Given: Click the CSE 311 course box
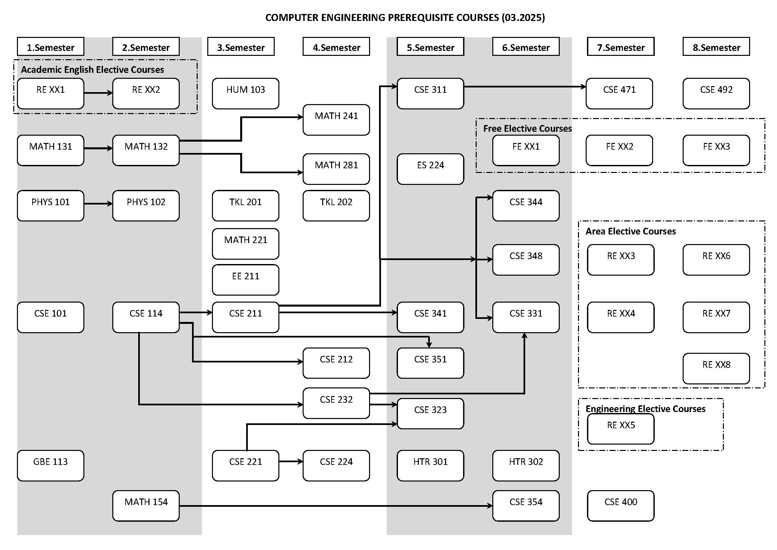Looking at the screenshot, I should (x=430, y=93).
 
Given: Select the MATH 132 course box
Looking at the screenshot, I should (x=146, y=150).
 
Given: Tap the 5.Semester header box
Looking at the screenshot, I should (x=430, y=47).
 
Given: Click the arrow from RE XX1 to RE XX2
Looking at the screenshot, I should (x=98, y=92).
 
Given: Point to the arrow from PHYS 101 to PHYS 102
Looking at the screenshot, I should (x=98, y=204).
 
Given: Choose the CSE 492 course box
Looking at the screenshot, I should (x=716, y=93).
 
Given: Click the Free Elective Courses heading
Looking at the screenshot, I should (x=527, y=129).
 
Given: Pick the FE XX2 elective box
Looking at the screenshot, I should (x=619, y=150).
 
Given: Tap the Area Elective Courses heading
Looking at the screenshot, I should (x=631, y=231).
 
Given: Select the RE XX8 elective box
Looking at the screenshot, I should (x=716, y=368).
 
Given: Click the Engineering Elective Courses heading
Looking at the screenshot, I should (x=645, y=409).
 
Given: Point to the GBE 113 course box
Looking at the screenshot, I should (x=50, y=465).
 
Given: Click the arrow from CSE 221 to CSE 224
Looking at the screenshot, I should (x=291, y=461).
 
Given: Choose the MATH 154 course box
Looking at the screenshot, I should (x=146, y=506).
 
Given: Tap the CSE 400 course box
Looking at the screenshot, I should (x=621, y=506).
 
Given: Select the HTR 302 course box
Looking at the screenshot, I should (x=526, y=465).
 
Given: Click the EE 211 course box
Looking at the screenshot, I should (x=245, y=280).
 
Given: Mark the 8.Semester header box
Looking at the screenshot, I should (x=716, y=47).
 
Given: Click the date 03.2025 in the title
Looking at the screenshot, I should (x=523, y=18).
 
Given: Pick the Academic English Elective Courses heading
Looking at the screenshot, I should (x=92, y=70).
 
